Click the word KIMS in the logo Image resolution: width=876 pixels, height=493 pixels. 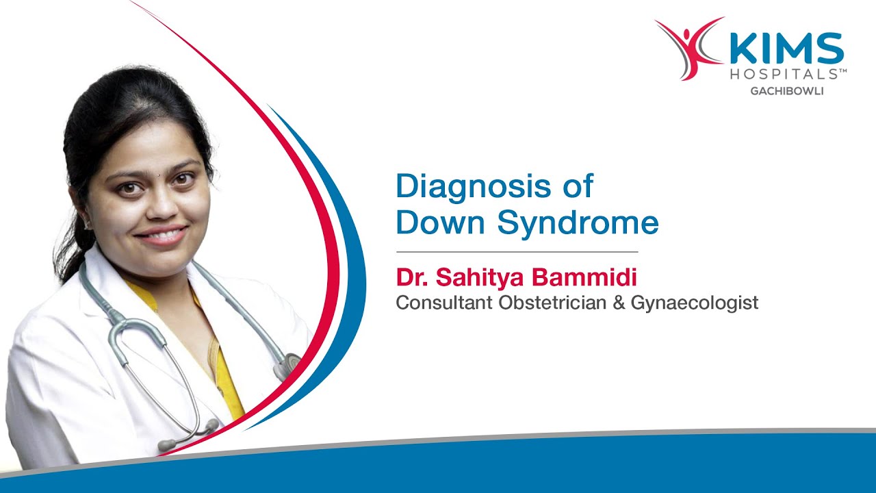(787, 49)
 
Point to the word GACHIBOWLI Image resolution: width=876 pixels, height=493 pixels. (788, 90)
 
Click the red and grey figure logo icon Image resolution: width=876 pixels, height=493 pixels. (688, 48)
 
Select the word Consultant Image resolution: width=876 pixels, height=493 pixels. (444, 302)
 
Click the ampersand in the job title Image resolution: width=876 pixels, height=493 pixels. (619, 302)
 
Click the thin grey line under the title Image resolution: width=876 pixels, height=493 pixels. (517, 252)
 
